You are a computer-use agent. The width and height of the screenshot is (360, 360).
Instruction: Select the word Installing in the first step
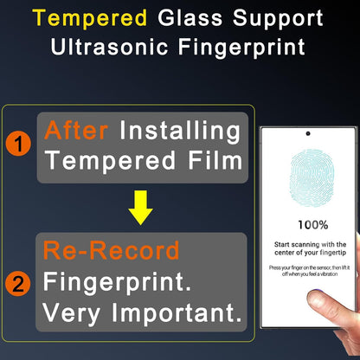(x=179, y=131)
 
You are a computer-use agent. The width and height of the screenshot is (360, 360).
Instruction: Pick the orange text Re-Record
(x=111, y=251)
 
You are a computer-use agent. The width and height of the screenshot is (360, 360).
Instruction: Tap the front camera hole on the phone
(x=307, y=134)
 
